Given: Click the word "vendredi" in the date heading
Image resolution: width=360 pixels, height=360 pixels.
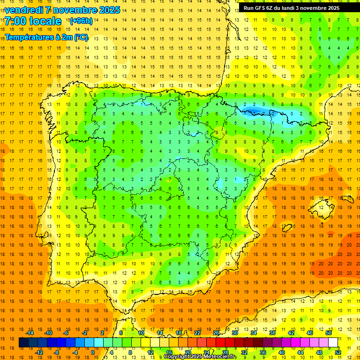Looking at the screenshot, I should click(25, 10).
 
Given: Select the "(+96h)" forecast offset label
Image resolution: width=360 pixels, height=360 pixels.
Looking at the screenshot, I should click(81, 21).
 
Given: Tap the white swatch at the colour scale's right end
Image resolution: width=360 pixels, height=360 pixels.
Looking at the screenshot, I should click(333, 343).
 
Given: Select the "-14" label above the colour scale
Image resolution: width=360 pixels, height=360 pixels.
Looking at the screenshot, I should click(30, 333).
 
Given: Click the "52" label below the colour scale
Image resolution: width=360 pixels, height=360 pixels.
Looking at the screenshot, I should click(338, 352).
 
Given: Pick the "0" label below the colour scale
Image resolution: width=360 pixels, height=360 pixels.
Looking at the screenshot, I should click(93, 352).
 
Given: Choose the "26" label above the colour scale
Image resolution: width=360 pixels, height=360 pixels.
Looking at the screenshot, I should click(216, 333).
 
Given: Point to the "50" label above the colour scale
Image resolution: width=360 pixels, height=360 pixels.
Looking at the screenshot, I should click(329, 333).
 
